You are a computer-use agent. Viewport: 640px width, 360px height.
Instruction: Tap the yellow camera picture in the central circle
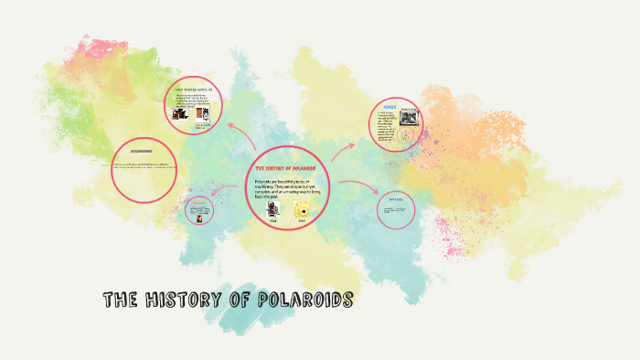click(x=302, y=210)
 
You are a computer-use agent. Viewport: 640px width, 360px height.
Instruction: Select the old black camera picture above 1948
click(x=272, y=209)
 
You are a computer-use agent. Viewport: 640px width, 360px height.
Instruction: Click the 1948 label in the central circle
click(x=272, y=222)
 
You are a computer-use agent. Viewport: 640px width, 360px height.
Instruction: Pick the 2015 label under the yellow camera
click(x=302, y=222)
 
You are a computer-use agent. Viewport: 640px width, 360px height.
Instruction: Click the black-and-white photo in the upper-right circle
click(x=406, y=118)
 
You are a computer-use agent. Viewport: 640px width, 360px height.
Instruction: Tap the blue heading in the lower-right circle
click(x=395, y=199)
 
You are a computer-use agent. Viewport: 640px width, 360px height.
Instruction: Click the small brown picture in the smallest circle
click(x=197, y=213)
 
